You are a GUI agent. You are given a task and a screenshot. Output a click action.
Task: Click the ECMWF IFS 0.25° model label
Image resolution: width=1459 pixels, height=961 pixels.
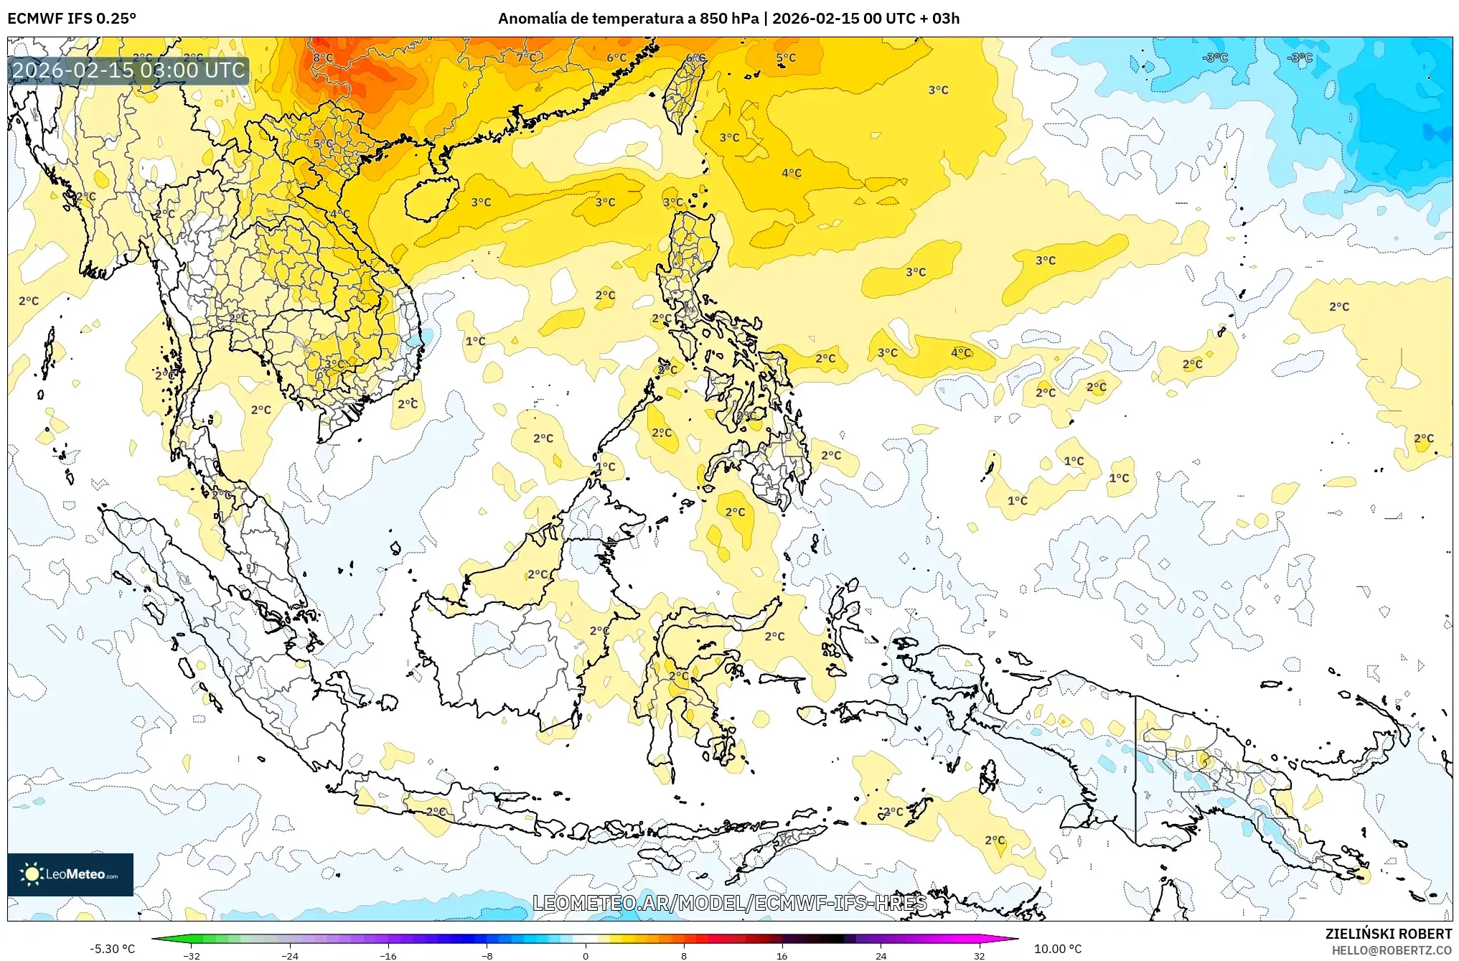click(x=72, y=19)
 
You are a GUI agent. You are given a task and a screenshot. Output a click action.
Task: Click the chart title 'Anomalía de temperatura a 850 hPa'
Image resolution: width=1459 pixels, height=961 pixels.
click(x=628, y=19)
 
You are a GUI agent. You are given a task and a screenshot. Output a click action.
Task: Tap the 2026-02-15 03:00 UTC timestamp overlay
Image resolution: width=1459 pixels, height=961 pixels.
click(x=129, y=70)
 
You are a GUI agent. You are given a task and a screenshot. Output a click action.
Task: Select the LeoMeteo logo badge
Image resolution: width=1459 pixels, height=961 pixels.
click(x=70, y=874)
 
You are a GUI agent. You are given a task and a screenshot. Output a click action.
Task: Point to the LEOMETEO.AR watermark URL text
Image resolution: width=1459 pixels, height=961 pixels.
click(x=729, y=903)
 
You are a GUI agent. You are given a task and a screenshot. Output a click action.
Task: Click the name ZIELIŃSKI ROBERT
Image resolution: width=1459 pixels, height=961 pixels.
click(x=1388, y=934)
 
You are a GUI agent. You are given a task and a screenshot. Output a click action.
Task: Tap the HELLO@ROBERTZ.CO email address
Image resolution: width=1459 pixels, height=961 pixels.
click(x=1392, y=950)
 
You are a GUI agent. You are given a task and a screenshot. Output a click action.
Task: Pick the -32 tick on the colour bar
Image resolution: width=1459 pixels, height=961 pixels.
click(x=192, y=955)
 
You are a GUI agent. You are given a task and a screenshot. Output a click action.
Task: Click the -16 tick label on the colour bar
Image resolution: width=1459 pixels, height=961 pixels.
click(x=388, y=955)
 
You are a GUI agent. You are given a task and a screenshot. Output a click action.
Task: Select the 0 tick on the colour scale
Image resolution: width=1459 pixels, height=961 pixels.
click(x=586, y=955)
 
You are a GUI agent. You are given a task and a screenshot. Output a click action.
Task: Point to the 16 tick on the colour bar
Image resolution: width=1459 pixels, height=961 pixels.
click(x=782, y=955)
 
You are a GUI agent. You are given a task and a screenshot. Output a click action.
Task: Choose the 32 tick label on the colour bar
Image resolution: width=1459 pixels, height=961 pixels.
click(x=979, y=955)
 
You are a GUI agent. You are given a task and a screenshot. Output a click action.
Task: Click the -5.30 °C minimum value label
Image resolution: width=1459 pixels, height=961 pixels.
click(x=112, y=949)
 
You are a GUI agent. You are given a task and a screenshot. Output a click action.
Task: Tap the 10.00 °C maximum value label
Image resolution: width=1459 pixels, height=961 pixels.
click(x=1057, y=949)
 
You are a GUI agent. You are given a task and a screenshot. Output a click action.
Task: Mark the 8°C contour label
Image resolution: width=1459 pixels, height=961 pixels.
click(x=323, y=57)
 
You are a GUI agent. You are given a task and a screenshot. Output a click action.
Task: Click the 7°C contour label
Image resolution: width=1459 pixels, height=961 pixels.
click(x=526, y=57)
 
